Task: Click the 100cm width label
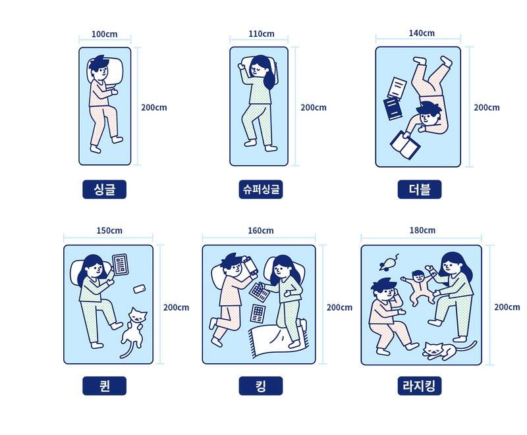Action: pyautogui.click(x=105, y=34)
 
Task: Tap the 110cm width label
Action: pyautogui.click(x=262, y=34)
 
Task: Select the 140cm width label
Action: pyautogui.click(x=422, y=33)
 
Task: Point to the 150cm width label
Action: pyautogui.click(x=109, y=230)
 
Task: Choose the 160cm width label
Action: pyautogui.click(x=261, y=230)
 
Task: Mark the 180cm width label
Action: pyautogui.click(x=422, y=230)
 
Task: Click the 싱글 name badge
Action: pyautogui.click(x=104, y=190)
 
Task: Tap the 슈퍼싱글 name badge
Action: pyautogui.click(x=261, y=190)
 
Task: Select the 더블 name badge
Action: pyautogui.click(x=420, y=190)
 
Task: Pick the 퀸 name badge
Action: pyautogui.click(x=104, y=386)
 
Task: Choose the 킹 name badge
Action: pyautogui.click(x=260, y=386)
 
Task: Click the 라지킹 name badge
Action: pyautogui.click(x=419, y=386)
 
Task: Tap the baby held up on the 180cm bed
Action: pyautogui.click(x=418, y=286)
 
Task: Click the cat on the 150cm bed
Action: pyautogui.click(x=134, y=329)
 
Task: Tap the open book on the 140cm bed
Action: pyautogui.click(x=404, y=144)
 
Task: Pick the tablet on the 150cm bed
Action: pyautogui.click(x=121, y=265)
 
